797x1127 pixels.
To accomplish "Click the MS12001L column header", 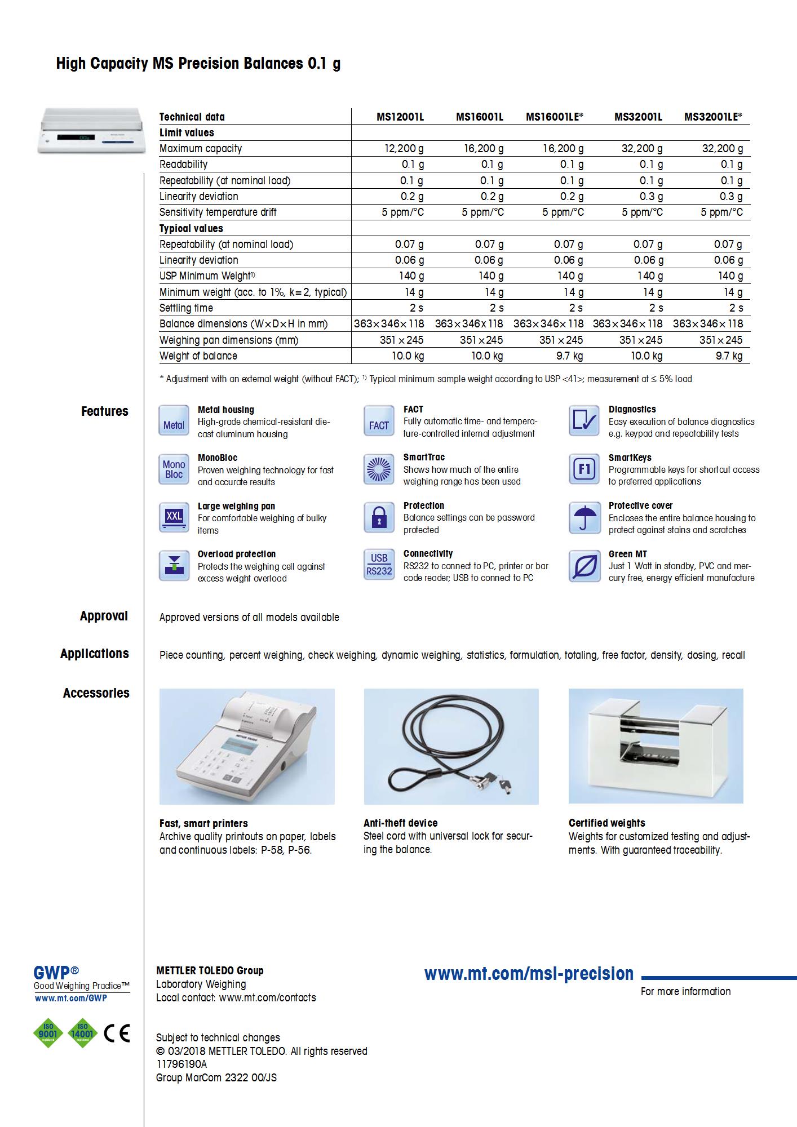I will click(x=400, y=117).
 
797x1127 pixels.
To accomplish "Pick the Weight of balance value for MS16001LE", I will click(x=569, y=356).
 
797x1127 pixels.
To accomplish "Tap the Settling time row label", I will click(x=186, y=308).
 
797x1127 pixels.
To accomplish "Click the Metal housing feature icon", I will click(x=174, y=421).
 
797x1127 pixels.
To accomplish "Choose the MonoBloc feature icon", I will click(x=174, y=469).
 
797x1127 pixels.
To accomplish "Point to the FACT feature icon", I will click(x=379, y=421).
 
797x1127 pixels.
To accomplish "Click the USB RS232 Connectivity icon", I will click(x=379, y=565).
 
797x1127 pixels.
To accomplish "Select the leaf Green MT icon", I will click(x=584, y=565).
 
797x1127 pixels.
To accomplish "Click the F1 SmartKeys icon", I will click(x=584, y=469).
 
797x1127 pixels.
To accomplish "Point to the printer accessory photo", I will click(x=247, y=746).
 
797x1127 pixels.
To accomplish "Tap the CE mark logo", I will click(x=117, y=1033).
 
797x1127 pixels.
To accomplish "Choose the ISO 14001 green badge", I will click(x=82, y=1033).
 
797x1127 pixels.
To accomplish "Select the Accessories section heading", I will click(x=96, y=693).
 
